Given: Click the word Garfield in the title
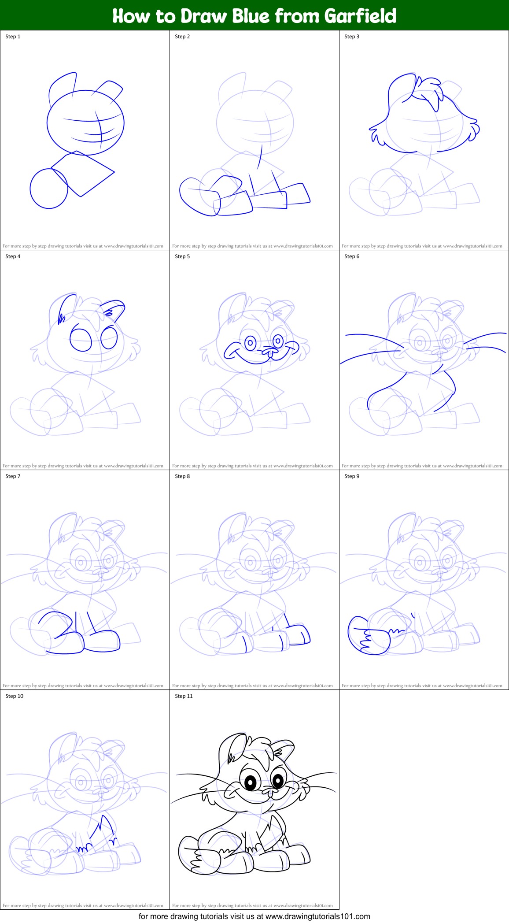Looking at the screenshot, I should pos(360,16).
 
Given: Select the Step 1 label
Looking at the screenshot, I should pos(13,37).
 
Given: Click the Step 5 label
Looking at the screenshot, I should pos(182,256).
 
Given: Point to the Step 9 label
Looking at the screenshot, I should pos(352,476).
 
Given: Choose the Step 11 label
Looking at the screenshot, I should pos(184,696).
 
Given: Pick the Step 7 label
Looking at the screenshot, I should pos(13,476).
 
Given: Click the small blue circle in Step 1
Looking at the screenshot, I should pos(48,189).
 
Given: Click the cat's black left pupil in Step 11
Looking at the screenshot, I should pos(250,782).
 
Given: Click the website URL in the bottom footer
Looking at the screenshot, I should pos(317,916).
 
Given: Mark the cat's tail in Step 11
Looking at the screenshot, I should pos(194,855).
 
